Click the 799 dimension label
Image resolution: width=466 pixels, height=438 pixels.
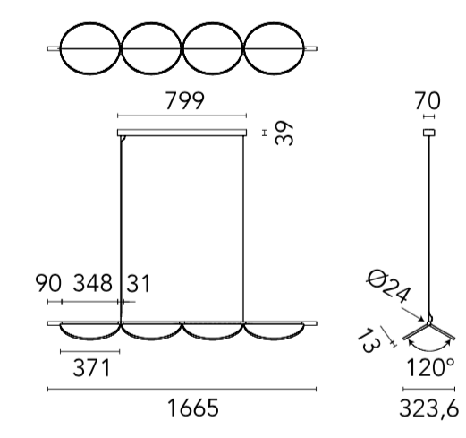tap(185, 101)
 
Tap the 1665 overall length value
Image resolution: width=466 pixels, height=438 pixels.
tap(193, 408)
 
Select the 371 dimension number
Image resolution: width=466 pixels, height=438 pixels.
tap(92, 367)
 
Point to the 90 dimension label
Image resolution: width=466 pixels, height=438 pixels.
tap(48, 283)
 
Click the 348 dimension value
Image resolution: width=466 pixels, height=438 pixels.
tap(93, 283)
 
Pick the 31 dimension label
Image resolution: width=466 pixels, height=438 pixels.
tap(139, 283)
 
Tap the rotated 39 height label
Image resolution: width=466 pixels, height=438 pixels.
tap(284, 133)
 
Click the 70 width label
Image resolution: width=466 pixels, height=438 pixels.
tap(428, 101)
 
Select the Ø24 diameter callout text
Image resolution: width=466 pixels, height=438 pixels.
tap(387, 287)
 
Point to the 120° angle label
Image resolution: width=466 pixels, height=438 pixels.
tap(430, 367)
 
